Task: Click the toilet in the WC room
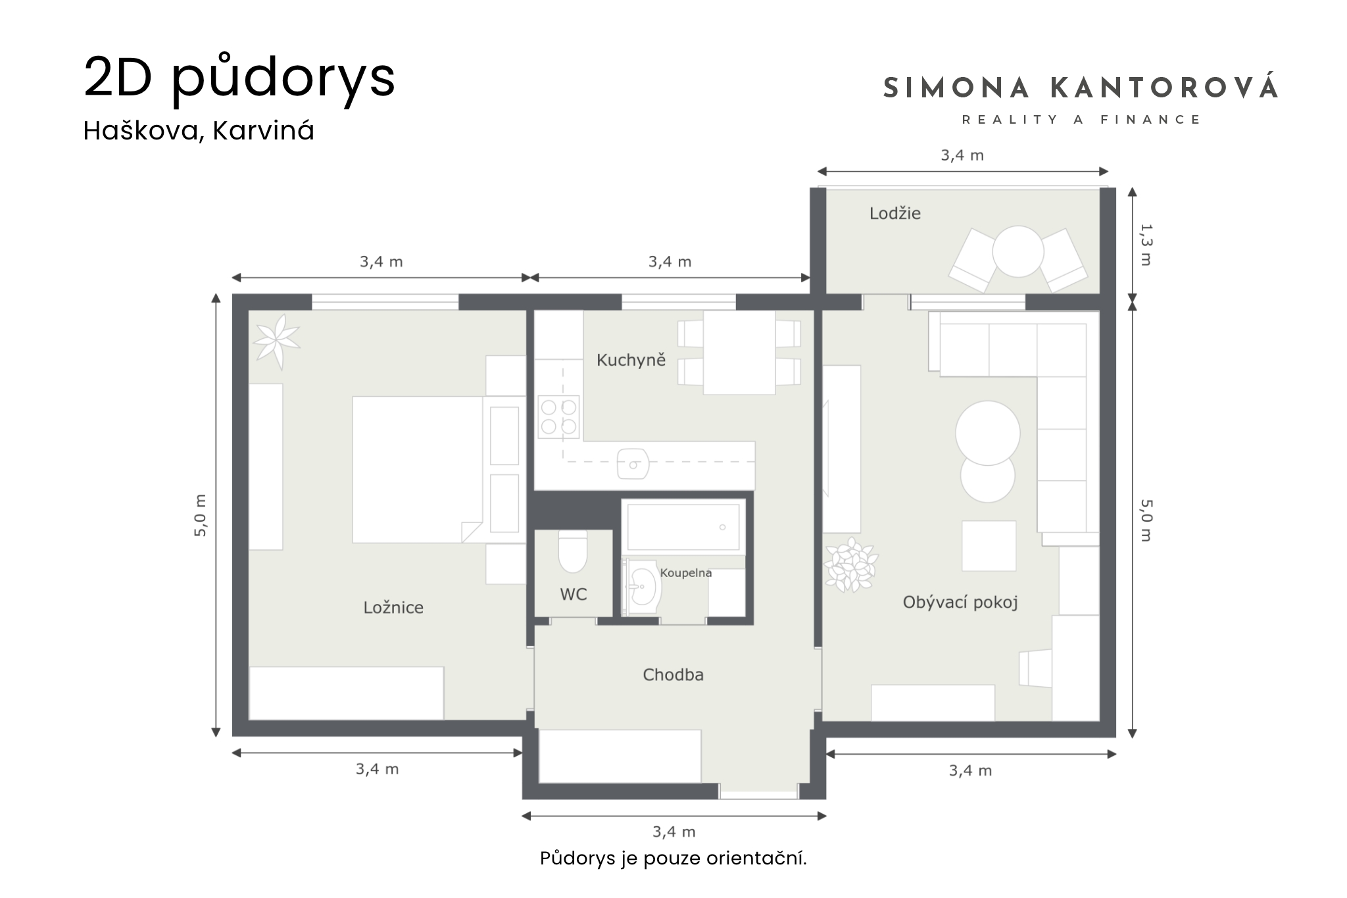pyautogui.click(x=572, y=553)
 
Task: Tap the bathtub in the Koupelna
pyautogui.click(x=683, y=526)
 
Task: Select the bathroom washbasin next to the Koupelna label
pyautogui.click(x=641, y=587)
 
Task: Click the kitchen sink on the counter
pyautogui.click(x=633, y=464)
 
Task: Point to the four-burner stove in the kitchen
pyautogui.click(x=558, y=416)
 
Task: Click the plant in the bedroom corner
pyautogui.click(x=277, y=341)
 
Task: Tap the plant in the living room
pyautogui.click(x=852, y=564)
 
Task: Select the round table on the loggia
pyautogui.click(x=1017, y=251)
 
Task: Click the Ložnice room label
pyautogui.click(x=393, y=607)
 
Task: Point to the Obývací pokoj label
pyautogui.click(x=960, y=603)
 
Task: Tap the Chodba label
pyautogui.click(x=673, y=674)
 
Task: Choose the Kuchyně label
pyautogui.click(x=631, y=359)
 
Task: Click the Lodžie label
pyautogui.click(x=894, y=213)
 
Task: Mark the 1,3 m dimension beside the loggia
pyautogui.click(x=1145, y=245)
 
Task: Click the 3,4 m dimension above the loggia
pyautogui.click(x=962, y=155)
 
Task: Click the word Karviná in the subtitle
pyautogui.click(x=263, y=131)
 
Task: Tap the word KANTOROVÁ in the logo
pyautogui.click(x=1164, y=88)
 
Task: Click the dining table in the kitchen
pyautogui.click(x=739, y=353)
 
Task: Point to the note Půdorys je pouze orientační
pyautogui.click(x=673, y=859)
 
